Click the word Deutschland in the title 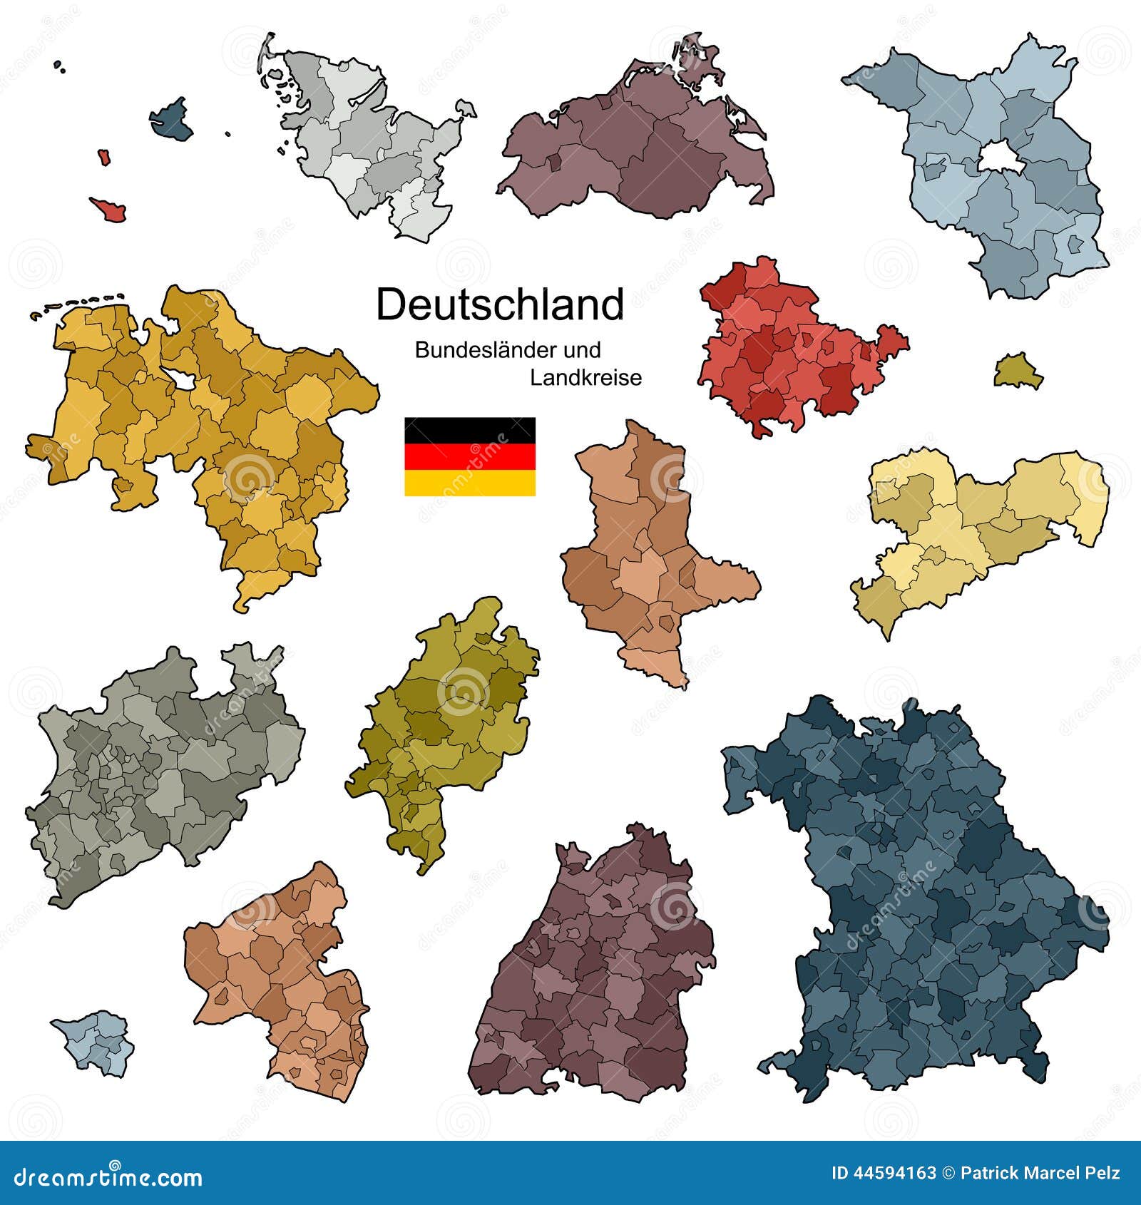500,305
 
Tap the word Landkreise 585,378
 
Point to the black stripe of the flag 470,430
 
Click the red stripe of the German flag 470,456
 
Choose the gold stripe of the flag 470,483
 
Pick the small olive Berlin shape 1018,371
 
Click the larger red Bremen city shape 110,208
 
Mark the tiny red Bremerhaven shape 104,157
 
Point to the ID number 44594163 884,1174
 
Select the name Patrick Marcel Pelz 1040,1174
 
